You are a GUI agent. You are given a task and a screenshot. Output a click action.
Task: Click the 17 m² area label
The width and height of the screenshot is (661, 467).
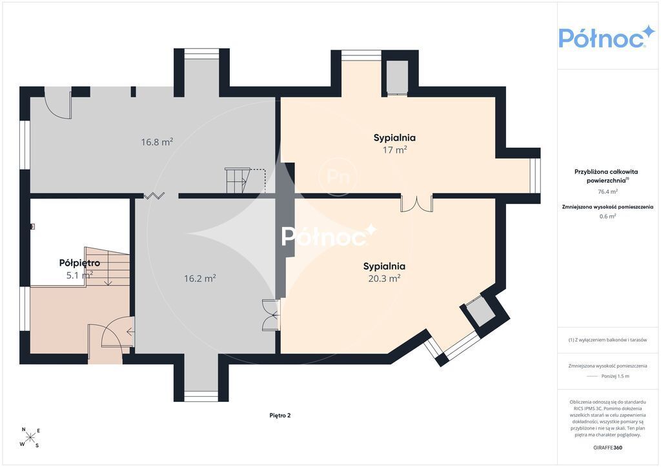pos(394,150)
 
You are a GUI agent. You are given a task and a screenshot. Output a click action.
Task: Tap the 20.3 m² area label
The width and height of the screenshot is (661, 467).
pos(384,279)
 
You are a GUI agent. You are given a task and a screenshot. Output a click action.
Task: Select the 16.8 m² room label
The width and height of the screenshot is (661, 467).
pos(157,142)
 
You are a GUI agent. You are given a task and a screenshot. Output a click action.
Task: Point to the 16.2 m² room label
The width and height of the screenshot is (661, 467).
pos(200,279)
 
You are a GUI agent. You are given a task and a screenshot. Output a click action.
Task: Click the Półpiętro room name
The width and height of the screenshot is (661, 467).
pos(79,263)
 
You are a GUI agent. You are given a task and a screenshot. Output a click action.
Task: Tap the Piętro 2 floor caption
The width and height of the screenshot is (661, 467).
pos(280,415)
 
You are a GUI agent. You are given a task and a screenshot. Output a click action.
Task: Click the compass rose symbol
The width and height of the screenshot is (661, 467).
pos(30,437)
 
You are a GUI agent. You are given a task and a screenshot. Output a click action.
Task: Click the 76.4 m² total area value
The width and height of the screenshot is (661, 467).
pos(607,192)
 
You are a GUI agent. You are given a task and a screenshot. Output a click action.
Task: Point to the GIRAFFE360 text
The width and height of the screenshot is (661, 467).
pos(607,448)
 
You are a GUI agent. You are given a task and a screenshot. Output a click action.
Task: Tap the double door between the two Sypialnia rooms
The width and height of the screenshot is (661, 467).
pos(416,203)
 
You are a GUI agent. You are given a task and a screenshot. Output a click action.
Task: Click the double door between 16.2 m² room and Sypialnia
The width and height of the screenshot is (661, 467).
pos(271,315)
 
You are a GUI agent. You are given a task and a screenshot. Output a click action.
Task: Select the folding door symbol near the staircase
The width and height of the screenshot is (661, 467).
pos(154,195)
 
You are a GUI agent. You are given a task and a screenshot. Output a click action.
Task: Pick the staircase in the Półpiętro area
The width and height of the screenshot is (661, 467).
pos(108,266)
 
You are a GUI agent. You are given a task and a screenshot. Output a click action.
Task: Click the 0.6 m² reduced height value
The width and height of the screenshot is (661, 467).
pos(607,217)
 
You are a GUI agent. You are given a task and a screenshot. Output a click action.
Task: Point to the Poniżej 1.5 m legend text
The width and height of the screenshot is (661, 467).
pos(615,376)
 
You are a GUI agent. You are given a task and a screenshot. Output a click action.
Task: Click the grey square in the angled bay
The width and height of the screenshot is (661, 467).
pos(480,312)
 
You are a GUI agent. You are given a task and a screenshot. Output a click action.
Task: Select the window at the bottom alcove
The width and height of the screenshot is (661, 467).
pos(201,396)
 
